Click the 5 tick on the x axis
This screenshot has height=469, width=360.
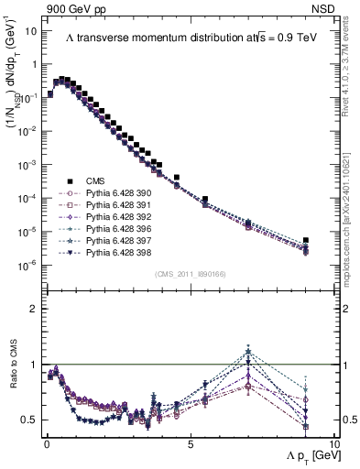tap(189, 442)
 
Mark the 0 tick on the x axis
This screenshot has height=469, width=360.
tap(47, 442)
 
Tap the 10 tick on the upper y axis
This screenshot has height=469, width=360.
tap(31, 30)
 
